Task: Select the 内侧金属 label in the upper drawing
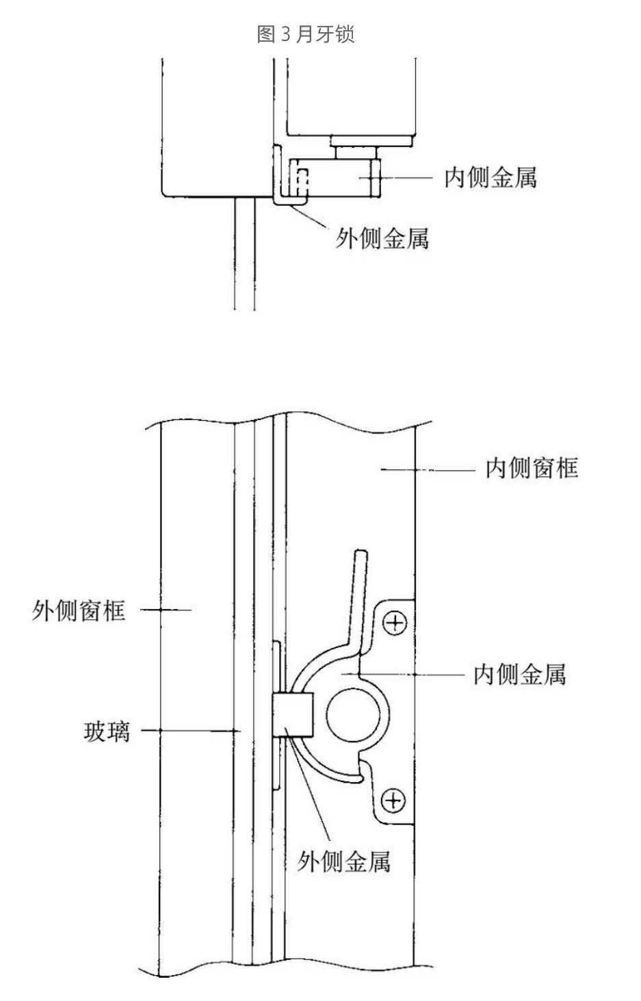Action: pos(490,178)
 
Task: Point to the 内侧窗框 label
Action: pos(532,468)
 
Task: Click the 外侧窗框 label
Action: pos(79,610)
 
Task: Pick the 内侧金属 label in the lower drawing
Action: pos(520,674)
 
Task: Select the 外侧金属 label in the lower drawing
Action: pos(343,861)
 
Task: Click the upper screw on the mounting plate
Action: pos(395,623)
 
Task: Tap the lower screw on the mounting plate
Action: pos(393,799)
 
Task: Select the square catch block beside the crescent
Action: pos(293,715)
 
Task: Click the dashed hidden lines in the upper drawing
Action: pos(302,181)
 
